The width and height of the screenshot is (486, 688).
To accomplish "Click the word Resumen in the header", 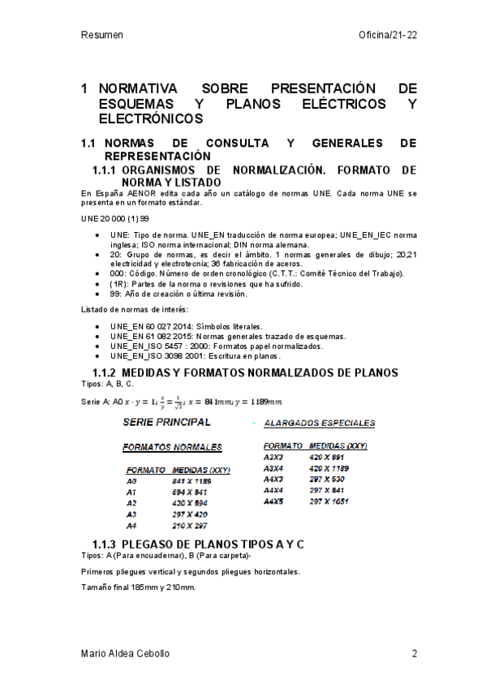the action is [102, 36].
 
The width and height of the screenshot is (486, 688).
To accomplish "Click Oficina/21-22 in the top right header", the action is [387, 36].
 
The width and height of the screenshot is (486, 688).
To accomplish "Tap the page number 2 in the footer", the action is [414, 654].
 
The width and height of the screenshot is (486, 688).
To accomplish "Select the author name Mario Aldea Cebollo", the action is [126, 654].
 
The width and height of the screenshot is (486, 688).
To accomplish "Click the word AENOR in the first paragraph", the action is [140, 195].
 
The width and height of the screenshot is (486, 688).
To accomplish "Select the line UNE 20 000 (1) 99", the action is [114, 220].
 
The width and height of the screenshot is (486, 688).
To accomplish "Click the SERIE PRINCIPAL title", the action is [166, 423].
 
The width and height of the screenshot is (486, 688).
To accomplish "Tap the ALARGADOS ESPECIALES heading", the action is [320, 424].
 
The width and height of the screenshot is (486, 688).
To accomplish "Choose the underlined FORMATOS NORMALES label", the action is [172, 447].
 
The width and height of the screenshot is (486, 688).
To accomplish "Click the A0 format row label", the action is [132, 481].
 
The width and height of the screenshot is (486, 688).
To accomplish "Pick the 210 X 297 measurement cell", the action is [190, 526].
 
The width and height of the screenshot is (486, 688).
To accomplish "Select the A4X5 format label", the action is [273, 502].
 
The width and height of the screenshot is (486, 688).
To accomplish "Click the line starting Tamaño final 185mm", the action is [139, 587].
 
